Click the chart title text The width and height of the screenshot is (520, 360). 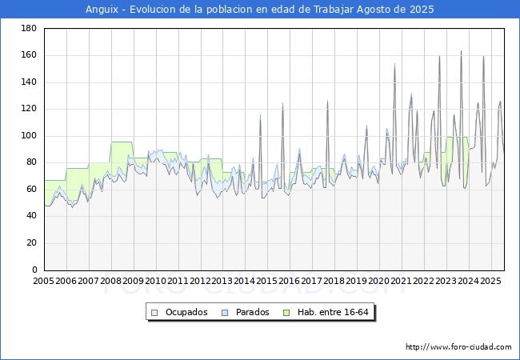click(260, 10)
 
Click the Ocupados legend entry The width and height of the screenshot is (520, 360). click(185, 312)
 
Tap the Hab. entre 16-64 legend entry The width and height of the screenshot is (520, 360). click(330, 312)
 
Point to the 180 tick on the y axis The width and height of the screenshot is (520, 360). click(29, 29)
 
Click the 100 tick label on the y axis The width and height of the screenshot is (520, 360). click(29, 136)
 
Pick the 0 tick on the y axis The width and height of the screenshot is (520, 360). click(34, 270)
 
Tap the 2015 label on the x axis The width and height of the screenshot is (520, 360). click(266, 281)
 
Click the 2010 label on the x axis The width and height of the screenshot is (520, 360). click(155, 281)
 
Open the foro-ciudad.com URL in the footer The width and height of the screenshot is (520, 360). click(458, 347)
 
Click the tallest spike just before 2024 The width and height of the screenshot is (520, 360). click(461, 51)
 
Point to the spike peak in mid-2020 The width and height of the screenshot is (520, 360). click(394, 64)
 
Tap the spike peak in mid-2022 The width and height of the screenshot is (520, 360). click(439, 57)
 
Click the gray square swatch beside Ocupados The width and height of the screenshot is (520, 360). click(155, 312)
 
